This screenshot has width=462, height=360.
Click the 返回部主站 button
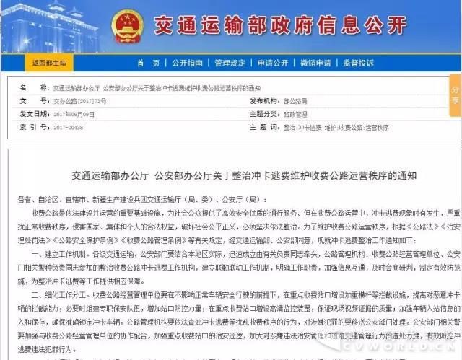point(48,63)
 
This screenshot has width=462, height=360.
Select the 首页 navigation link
point(143,63)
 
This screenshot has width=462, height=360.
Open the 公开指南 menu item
point(186,63)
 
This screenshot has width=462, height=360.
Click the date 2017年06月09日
point(74,114)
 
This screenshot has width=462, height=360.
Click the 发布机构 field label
point(265,102)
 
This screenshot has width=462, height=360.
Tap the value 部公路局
point(295,102)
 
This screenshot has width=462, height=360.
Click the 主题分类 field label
point(265,114)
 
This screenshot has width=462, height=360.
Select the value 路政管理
point(296,114)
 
